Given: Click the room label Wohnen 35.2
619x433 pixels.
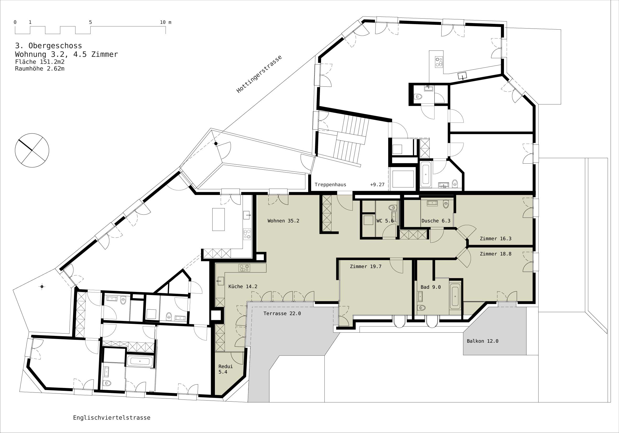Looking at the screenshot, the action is point(283,221).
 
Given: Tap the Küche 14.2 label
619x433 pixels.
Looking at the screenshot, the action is point(243,286).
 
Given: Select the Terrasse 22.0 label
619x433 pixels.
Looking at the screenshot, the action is point(282,313).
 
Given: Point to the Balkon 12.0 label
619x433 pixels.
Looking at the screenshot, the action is point(482,341).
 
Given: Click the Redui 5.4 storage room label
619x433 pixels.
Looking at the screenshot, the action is point(225,369).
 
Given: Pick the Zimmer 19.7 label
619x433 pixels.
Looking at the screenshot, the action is point(366,266).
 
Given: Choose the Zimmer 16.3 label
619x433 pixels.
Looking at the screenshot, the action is point(496,238).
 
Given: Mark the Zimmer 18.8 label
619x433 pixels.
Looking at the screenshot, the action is point(496,254).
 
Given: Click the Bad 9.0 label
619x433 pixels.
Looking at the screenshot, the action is point(431,287).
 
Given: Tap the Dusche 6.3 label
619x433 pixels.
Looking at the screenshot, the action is point(436,221).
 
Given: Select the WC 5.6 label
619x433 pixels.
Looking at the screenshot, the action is point(385,221).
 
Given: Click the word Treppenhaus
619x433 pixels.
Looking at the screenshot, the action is point(330,185).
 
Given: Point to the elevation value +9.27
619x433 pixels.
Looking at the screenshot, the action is point(377,185).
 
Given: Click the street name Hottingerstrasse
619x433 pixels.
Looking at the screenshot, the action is point(259,74).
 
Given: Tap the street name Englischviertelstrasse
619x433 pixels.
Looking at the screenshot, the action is point(112,418).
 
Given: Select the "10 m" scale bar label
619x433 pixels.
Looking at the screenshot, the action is point(166,22).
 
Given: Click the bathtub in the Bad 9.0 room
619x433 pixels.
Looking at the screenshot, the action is point(455,296).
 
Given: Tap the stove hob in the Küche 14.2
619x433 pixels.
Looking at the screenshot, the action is point(244,268).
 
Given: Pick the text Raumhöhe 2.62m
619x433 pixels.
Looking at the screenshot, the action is point(40,69).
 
